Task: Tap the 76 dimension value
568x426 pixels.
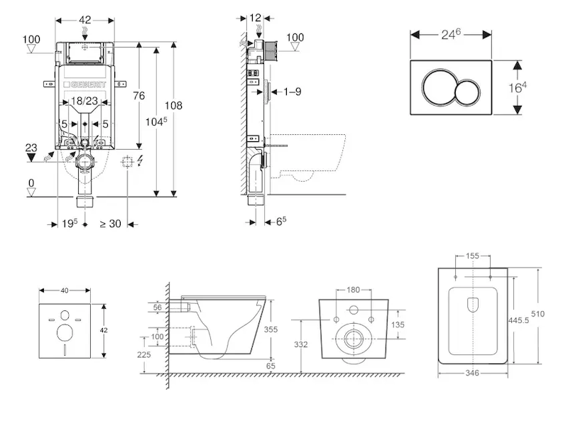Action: (x=139, y=96)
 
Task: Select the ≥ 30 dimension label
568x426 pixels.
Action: (x=110, y=224)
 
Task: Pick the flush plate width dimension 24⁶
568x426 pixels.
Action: (x=452, y=33)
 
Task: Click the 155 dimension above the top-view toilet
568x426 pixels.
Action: (x=472, y=255)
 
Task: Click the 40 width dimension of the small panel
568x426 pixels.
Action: (x=65, y=290)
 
